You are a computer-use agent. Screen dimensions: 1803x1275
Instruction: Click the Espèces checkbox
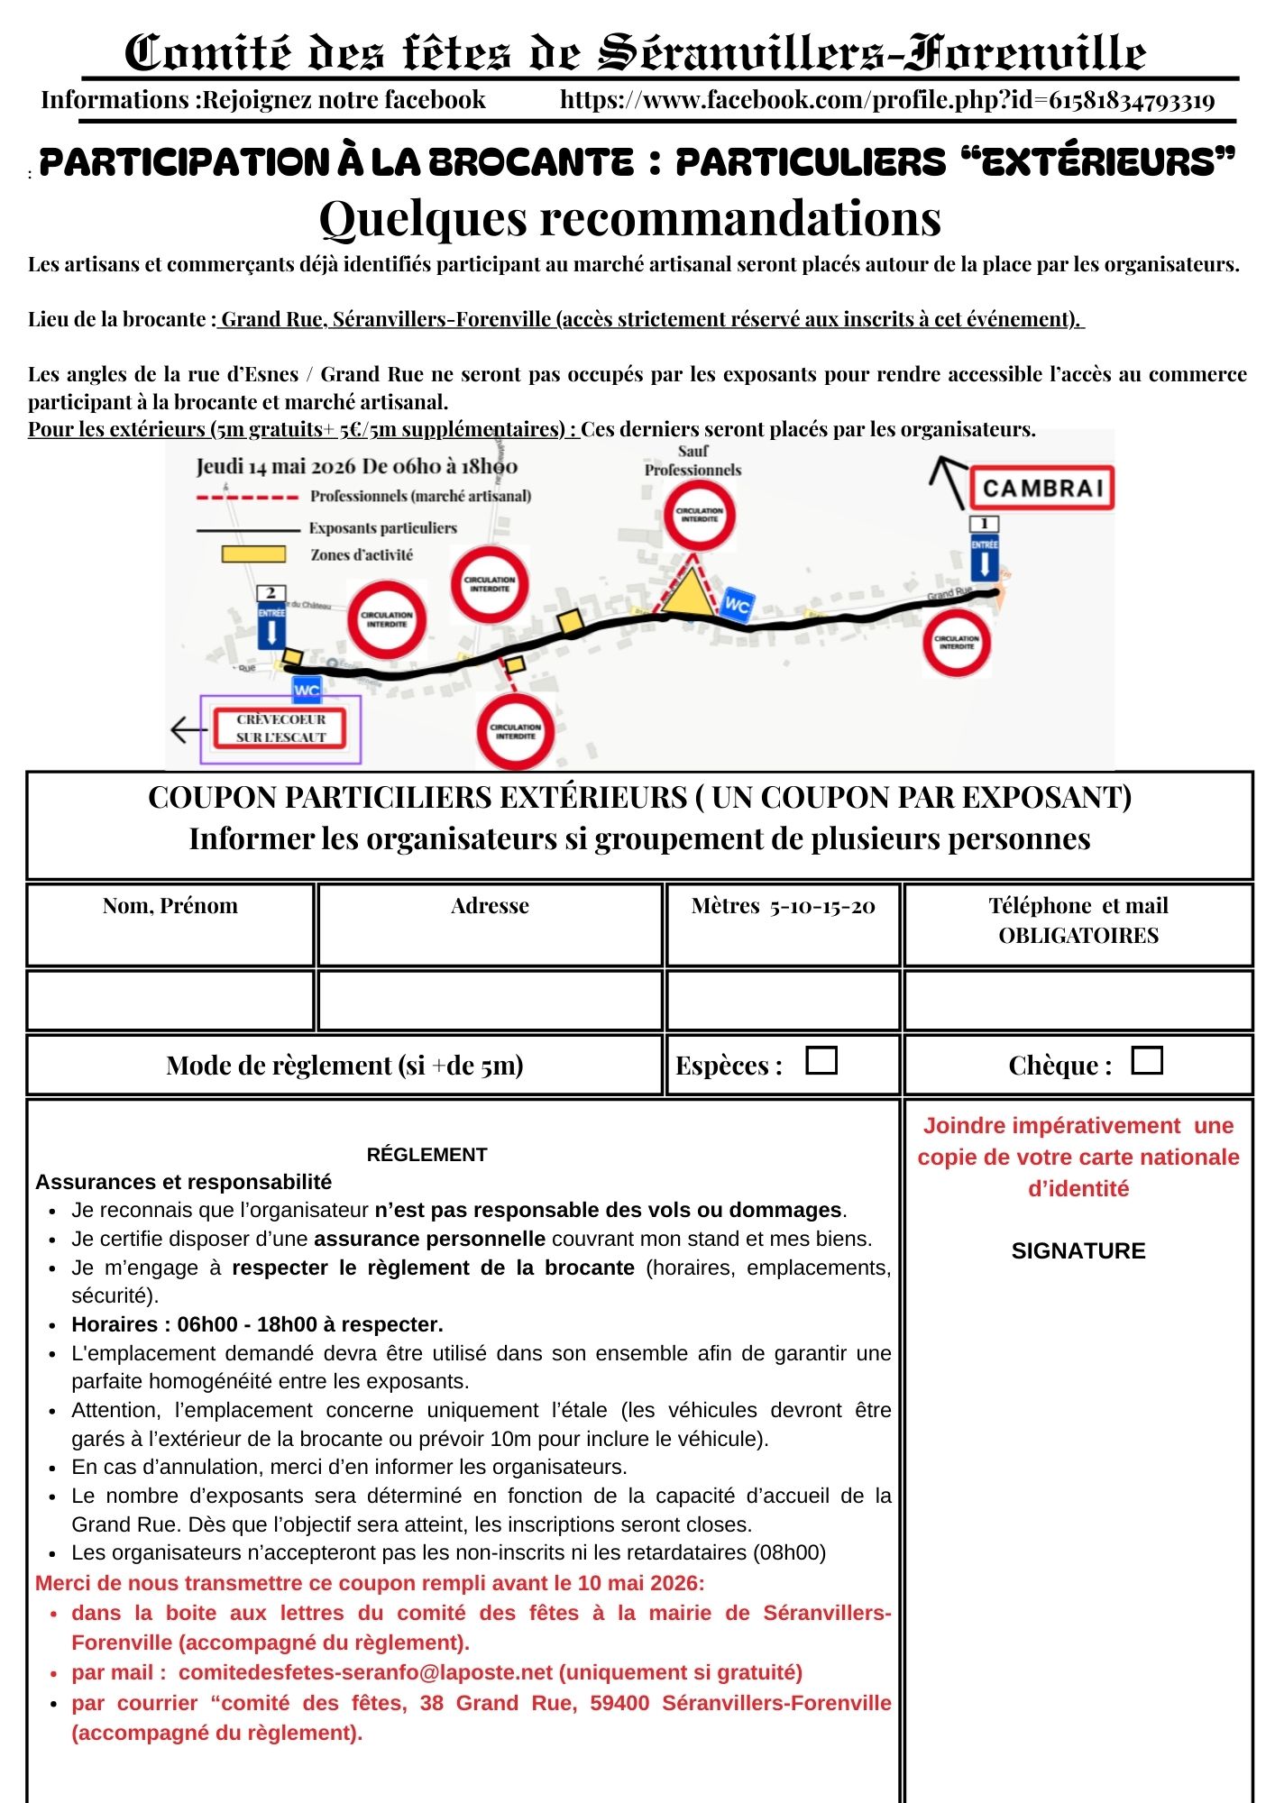click(821, 1060)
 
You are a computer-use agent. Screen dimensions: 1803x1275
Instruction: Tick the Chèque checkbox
click(1146, 1060)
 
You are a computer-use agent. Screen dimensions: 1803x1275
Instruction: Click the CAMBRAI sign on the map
click(1042, 489)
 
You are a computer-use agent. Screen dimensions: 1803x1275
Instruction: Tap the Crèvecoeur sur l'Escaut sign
click(281, 728)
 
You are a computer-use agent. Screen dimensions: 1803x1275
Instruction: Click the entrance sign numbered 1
click(984, 549)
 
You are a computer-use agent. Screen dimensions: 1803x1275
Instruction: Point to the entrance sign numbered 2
click(271, 618)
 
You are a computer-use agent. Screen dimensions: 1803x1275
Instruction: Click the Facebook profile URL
click(887, 100)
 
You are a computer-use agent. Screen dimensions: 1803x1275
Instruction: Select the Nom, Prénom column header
click(170, 906)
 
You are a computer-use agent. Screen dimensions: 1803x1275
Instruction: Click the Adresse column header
click(490, 906)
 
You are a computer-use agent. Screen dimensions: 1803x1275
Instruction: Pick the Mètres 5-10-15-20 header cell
click(783, 906)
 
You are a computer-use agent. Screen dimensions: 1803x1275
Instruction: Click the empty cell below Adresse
click(490, 1000)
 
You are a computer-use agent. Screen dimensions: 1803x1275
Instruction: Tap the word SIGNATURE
click(1078, 1250)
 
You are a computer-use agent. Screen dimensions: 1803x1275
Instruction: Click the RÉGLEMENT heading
click(427, 1154)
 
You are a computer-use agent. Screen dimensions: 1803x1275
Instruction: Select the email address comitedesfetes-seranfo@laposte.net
click(365, 1672)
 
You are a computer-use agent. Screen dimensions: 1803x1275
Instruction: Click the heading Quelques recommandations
click(630, 219)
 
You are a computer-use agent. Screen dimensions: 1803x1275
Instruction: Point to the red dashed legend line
click(247, 497)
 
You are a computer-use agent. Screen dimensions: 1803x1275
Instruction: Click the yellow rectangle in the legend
click(253, 554)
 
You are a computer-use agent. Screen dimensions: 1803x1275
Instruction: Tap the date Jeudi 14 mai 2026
click(277, 467)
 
